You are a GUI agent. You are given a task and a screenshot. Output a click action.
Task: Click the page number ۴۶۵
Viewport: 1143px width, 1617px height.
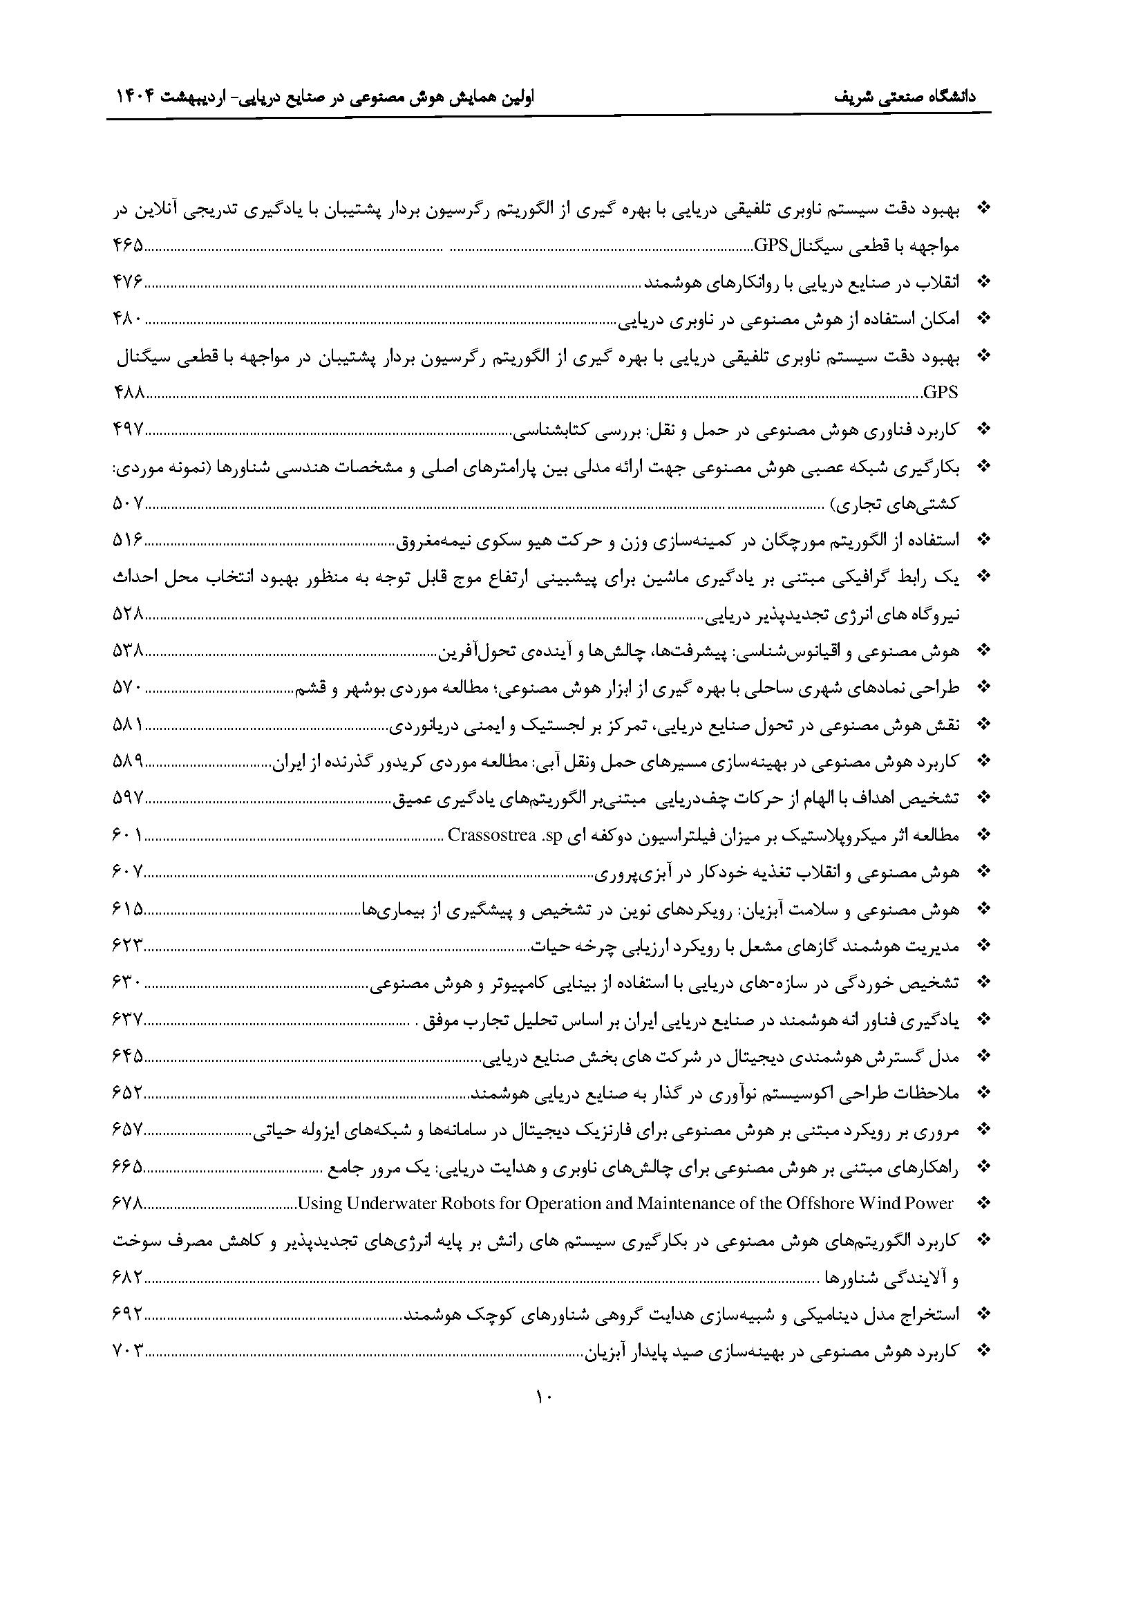(128, 245)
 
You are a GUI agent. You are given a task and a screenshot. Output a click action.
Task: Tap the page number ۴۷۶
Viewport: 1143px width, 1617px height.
(128, 283)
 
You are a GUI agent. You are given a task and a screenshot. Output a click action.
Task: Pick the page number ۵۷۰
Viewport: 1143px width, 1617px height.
(128, 687)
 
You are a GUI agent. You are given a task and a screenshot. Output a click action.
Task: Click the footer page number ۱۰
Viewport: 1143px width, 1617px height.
(545, 1396)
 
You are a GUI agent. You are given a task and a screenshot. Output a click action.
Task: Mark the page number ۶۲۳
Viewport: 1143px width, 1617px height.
(128, 946)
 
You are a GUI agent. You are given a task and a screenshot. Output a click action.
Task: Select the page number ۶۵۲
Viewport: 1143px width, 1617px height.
(128, 1093)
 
